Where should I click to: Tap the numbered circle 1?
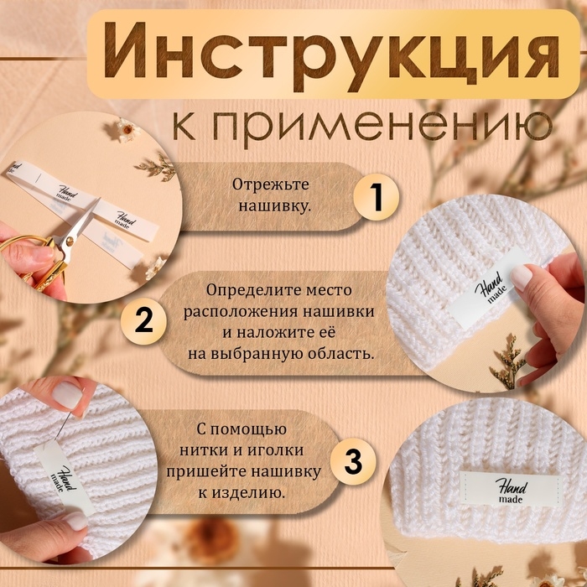376,198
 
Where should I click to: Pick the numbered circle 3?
354,460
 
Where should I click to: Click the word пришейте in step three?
224,471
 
